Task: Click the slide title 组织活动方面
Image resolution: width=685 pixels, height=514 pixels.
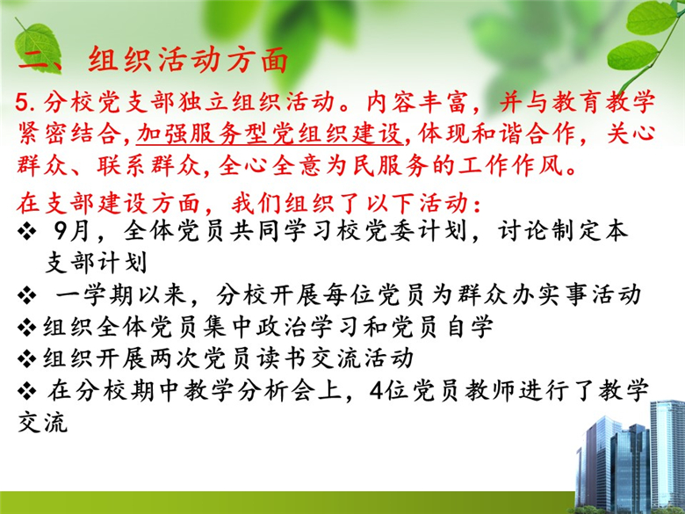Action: click(188, 60)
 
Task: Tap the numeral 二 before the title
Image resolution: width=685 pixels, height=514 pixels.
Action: click(34, 60)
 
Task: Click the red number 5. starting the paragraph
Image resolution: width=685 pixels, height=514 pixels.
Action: click(27, 102)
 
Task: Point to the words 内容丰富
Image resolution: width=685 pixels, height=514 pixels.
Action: click(420, 102)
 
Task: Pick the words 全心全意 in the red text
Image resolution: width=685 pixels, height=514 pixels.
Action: click(271, 165)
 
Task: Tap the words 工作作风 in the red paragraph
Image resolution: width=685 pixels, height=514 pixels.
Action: click(513, 165)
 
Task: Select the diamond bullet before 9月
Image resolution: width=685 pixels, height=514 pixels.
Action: click(27, 232)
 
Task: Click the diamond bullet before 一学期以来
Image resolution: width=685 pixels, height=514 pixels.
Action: click(27, 296)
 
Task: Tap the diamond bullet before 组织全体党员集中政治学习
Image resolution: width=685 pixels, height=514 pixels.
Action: click(27, 328)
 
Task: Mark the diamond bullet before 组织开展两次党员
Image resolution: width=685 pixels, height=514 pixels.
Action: click(27, 359)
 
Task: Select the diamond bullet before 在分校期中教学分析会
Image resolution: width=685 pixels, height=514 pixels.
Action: click(27, 391)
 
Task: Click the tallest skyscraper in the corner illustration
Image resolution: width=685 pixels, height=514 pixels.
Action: click(667, 454)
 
